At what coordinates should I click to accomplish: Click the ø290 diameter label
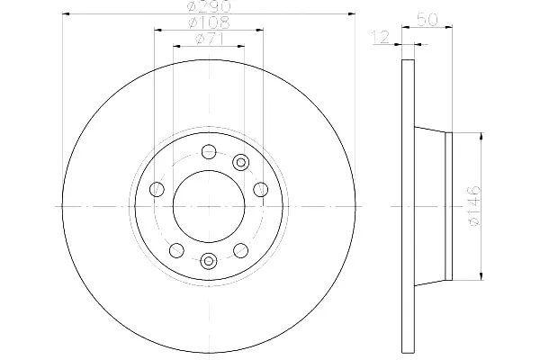point(209,6)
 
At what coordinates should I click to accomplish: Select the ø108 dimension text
point(209,22)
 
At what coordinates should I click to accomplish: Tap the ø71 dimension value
point(210,39)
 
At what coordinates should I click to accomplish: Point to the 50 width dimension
point(427,19)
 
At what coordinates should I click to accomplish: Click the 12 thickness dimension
point(381,37)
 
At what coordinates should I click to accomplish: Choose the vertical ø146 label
point(474,206)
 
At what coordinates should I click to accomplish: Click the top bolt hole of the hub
point(209,151)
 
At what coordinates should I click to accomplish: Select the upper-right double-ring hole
point(240,162)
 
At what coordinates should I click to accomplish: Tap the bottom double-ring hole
point(209,260)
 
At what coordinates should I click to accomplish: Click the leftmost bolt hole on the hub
point(157,189)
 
